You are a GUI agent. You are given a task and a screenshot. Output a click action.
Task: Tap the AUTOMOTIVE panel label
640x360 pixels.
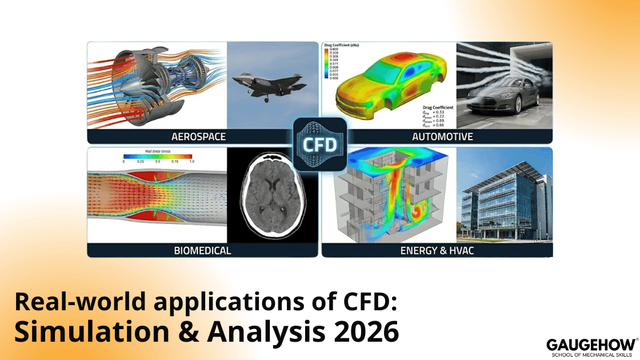click(442, 137)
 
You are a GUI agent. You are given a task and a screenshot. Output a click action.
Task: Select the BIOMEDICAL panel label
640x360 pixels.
click(202, 250)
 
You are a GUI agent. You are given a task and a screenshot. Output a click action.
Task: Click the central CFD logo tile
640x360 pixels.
click(320, 145)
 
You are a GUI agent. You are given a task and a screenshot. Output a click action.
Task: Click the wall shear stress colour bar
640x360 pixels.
click(157, 155)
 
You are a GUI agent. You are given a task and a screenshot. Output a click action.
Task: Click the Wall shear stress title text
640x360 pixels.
click(157, 150)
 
